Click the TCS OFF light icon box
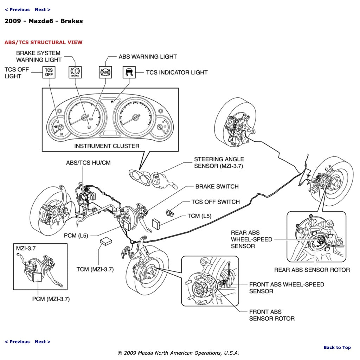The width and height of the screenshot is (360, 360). click(x=49, y=72)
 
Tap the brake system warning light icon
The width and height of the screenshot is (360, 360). click(x=75, y=72)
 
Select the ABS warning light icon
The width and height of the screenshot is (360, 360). click(x=105, y=72)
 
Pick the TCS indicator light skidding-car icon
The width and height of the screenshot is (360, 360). click(x=129, y=72)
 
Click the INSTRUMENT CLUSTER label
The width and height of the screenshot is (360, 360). click(x=107, y=146)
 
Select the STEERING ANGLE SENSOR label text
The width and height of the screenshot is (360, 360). click(x=219, y=163)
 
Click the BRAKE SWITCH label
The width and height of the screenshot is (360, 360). click(x=217, y=186)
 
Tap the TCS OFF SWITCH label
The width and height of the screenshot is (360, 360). click(x=216, y=202)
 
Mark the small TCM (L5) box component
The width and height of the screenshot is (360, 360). click(x=156, y=223)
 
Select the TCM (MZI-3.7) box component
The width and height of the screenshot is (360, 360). click(x=105, y=241)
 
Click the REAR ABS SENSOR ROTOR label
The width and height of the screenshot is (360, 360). click(x=312, y=270)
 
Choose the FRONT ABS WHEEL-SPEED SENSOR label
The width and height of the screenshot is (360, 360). click(x=287, y=288)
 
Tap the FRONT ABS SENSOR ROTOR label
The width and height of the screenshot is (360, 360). click(x=271, y=315)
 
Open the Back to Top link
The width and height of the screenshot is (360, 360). click(x=337, y=347)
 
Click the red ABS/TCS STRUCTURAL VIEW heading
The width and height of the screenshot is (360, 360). click(x=44, y=43)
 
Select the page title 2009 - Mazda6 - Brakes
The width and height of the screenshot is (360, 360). click(x=44, y=21)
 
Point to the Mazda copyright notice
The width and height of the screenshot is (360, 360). click(x=178, y=353)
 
